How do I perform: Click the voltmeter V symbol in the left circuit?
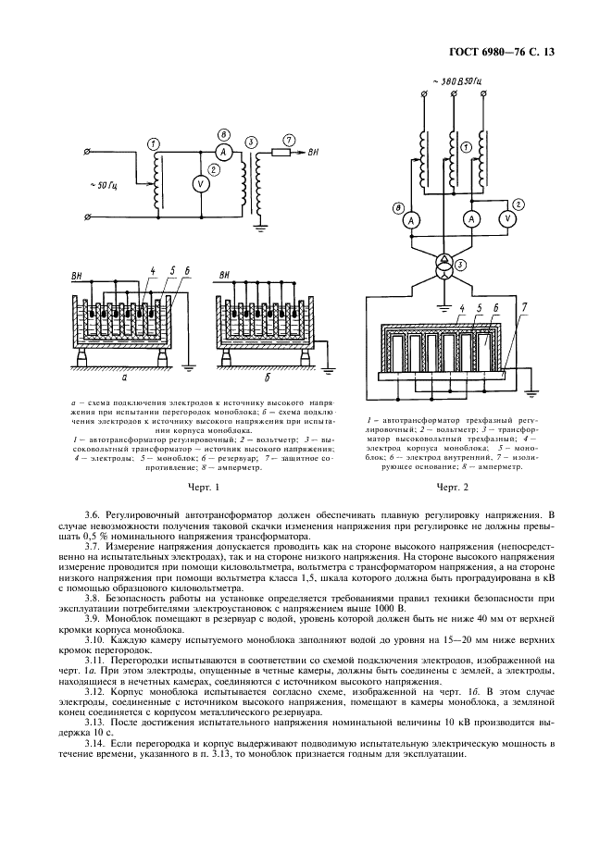[x=196, y=184]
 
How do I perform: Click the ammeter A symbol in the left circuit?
[x=222, y=152]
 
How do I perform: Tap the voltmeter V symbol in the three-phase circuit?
[x=506, y=218]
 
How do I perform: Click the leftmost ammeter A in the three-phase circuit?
[x=409, y=219]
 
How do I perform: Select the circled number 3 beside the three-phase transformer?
[x=473, y=265]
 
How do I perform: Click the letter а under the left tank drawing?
[x=126, y=377]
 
